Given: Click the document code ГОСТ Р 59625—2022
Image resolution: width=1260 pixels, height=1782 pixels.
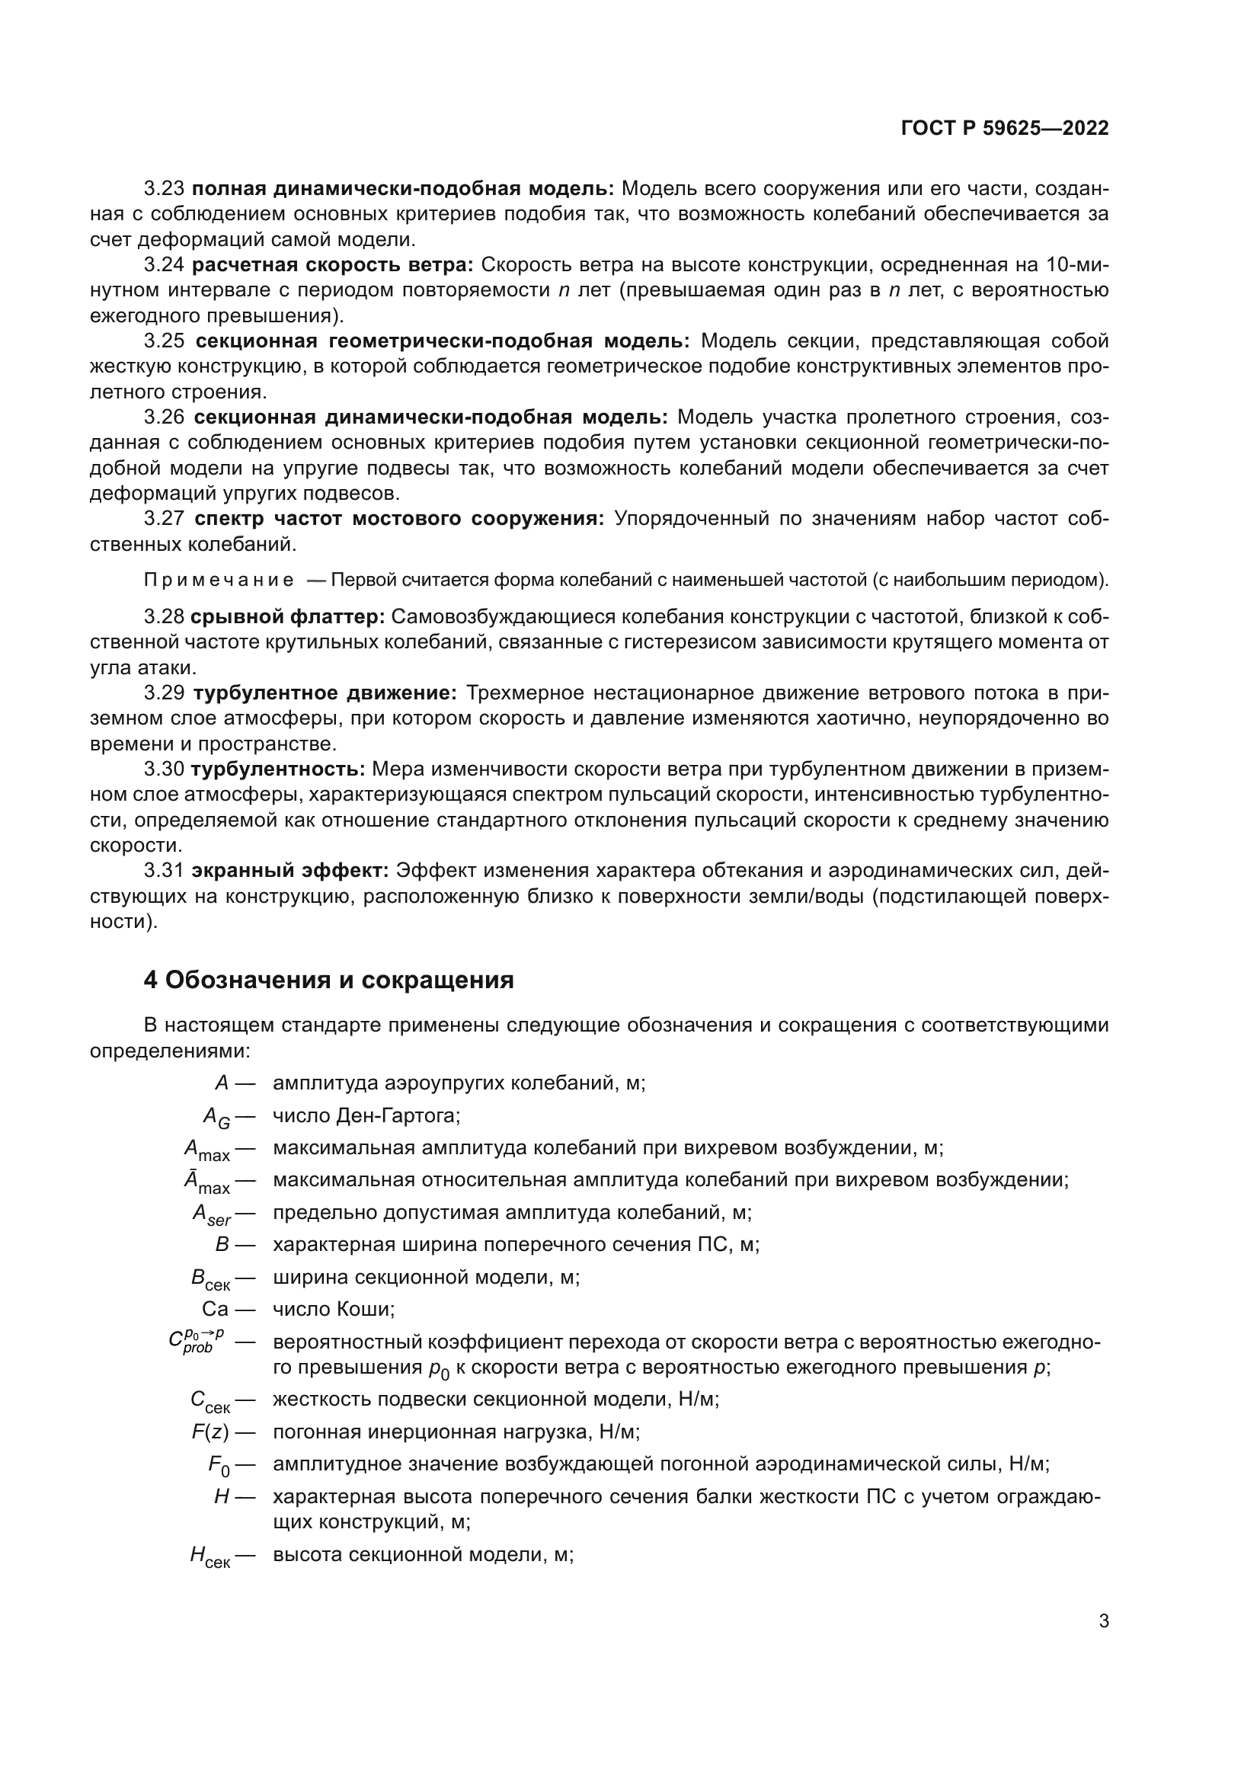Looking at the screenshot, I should (x=1005, y=129).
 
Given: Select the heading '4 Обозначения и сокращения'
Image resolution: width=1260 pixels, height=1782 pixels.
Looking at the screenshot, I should (x=328, y=981).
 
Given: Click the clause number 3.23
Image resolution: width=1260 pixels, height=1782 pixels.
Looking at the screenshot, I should (x=164, y=189).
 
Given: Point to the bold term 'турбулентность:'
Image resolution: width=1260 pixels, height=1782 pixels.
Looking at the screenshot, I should (x=278, y=769).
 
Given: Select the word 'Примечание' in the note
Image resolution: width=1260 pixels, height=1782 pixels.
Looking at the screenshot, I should (x=219, y=581).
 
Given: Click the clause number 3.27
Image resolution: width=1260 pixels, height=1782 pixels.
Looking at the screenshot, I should (x=164, y=519).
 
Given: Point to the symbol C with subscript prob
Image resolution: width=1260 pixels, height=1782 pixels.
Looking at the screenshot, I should (x=196, y=1341).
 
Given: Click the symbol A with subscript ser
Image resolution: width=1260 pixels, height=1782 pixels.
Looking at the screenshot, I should (x=211, y=1214).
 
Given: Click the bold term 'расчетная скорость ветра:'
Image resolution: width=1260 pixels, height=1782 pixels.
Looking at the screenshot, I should (x=332, y=264).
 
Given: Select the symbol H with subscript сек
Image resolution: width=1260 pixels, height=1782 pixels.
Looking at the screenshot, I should (x=209, y=1556).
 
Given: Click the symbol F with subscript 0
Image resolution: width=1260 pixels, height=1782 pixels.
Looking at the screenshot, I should (x=219, y=1465).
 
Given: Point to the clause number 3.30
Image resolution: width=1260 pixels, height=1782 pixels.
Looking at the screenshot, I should (x=164, y=769).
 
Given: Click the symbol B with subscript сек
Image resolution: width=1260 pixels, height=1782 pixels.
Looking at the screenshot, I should (x=209, y=1278).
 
